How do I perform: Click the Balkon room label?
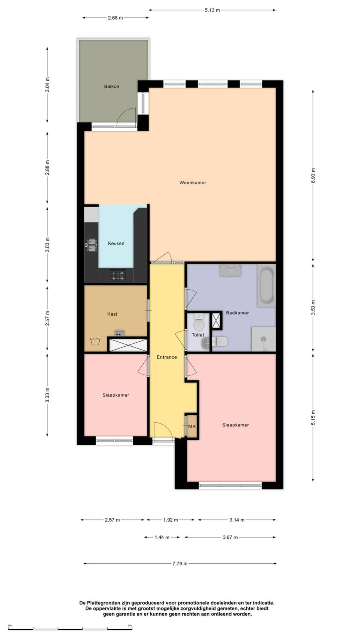[x=112, y=86]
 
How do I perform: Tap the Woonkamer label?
[x=192, y=182]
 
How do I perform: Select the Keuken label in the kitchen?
[x=116, y=244]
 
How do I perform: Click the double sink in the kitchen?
[x=92, y=244]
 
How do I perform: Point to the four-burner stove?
[x=118, y=275]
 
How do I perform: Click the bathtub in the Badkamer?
[x=266, y=286]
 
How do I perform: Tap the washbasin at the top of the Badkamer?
[x=230, y=270]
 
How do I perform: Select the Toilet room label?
[x=198, y=335]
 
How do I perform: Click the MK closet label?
[x=192, y=426]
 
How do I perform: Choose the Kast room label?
[x=112, y=314]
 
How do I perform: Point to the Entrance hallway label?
[x=166, y=357]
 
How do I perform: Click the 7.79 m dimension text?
[x=180, y=564]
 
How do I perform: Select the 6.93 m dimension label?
[x=313, y=176]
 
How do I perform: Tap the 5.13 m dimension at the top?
[x=212, y=10]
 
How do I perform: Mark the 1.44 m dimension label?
[x=162, y=538]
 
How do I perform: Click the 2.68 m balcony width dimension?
[x=116, y=18]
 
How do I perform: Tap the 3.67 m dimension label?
[x=230, y=538]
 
